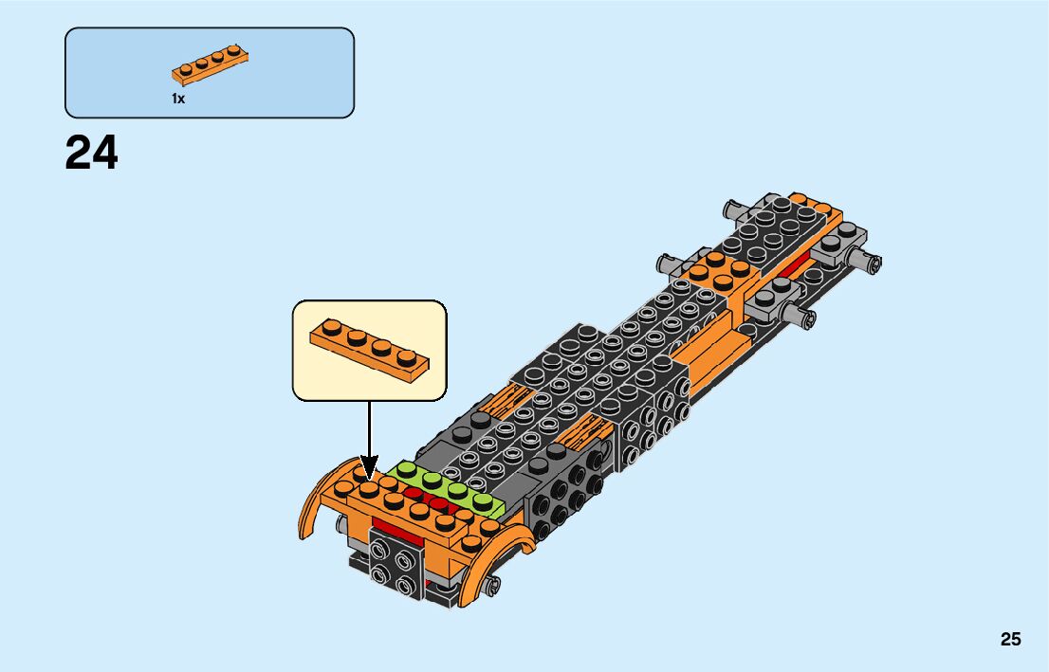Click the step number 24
point(92,153)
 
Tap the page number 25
point(1010,639)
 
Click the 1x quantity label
point(178,99)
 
